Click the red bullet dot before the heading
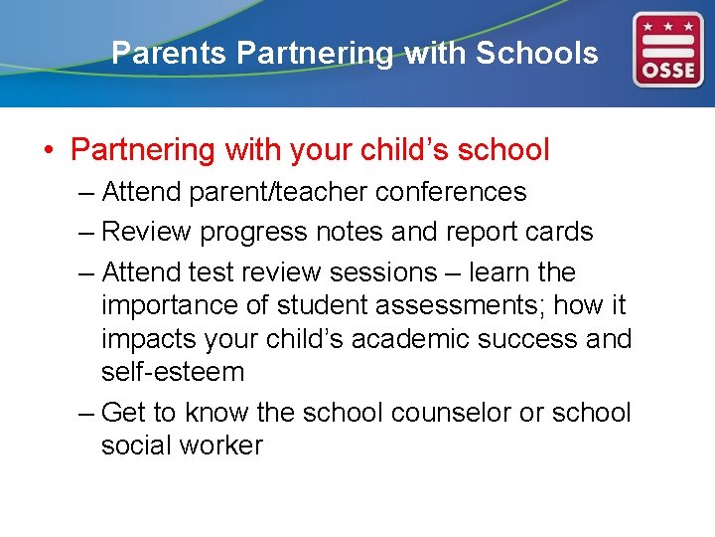[x=49, y=151]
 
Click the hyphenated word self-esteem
[x=173, y=372]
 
